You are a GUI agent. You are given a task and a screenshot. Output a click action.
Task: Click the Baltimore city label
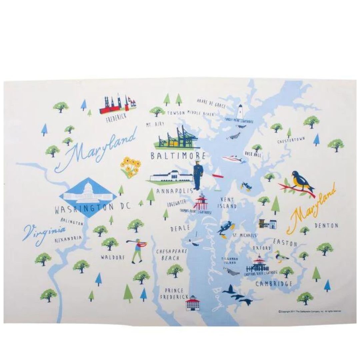(x=178, y=156)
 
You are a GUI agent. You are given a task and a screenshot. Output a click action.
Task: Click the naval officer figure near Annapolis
(x=198, y=174)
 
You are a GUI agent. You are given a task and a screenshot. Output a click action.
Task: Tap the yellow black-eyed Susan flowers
(x=130, y=167)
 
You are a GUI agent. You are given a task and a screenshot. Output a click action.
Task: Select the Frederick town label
(x=116, y=118)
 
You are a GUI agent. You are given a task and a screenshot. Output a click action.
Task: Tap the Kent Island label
(x=227, y=203)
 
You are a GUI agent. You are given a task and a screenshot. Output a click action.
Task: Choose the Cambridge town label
(x=274, y=284)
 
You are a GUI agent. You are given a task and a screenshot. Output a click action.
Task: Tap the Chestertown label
(x=291, y=141)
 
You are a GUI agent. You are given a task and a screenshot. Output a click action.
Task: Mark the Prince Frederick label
(x=174, y=294)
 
